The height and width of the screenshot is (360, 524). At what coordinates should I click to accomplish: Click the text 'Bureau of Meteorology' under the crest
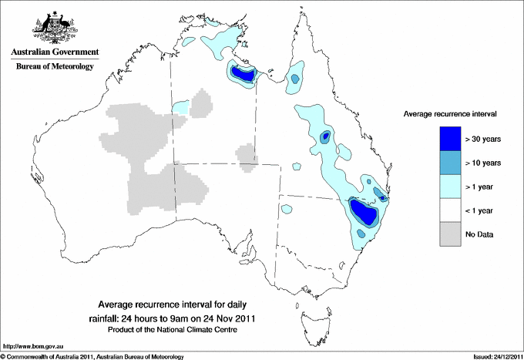click(x=55, y=67)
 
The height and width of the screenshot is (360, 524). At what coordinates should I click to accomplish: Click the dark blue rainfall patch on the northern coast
click(x=244, y=74)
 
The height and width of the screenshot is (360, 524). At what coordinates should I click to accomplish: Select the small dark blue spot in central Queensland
click(x=326, y=136)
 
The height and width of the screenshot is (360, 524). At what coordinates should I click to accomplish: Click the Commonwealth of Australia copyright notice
click(x=92, y=356)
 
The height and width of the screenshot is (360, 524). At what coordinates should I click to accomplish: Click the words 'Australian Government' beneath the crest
click(x=55, y=52)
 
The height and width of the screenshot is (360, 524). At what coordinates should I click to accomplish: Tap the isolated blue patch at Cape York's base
click(x=294, y=77)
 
